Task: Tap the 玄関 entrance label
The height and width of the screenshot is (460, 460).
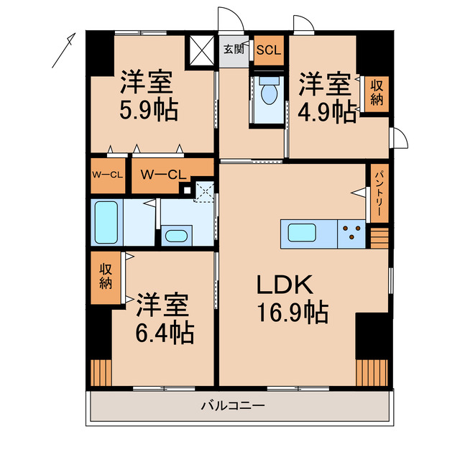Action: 233,50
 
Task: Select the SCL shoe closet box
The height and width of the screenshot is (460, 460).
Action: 269,50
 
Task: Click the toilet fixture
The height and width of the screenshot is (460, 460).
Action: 270,92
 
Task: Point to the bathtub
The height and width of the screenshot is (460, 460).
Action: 107,222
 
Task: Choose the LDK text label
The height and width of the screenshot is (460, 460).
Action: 286,285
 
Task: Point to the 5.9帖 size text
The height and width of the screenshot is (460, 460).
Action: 149,111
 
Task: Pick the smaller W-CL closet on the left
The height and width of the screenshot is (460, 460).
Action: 106,175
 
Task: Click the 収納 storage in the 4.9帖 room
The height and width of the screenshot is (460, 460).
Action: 377,93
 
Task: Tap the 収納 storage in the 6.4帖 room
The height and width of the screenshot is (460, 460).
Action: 106,276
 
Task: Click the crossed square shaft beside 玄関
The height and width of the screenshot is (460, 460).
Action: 201,50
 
